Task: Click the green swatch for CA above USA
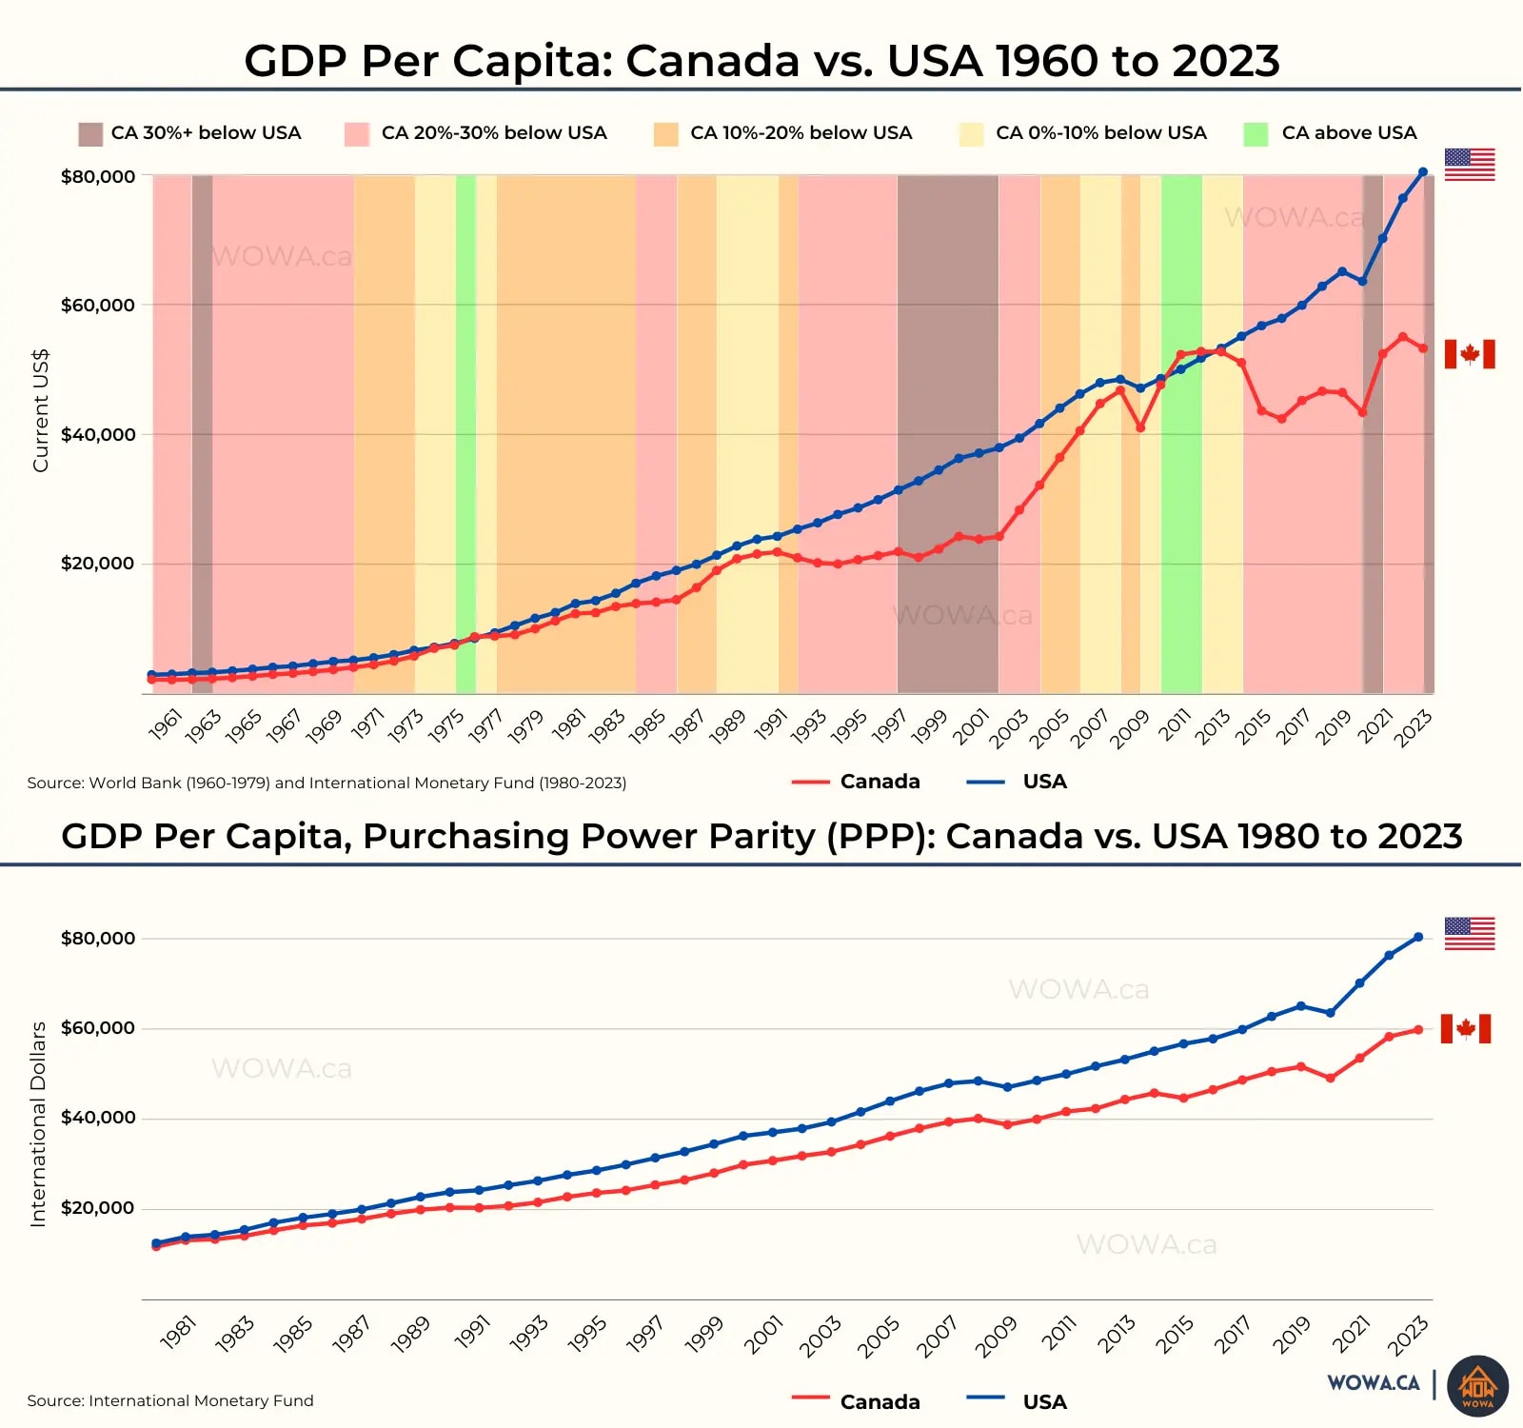coord(1256,134)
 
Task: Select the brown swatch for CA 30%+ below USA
coord(90,134)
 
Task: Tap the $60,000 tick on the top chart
coord(98,306)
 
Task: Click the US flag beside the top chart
coord(1470,165)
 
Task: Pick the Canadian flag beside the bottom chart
coord(1466,1028)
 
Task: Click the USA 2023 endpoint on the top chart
coord(1423,172)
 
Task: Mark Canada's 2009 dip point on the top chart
coord(1140,427)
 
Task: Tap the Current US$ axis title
coord(40,410)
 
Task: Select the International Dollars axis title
coord(38,1124)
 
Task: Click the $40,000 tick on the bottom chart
coord(98,1118)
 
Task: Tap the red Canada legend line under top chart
coord(811,783)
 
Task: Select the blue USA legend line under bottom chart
coord(985,1398)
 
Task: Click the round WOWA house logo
coord(1477,1386)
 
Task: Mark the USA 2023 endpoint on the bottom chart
coord(1418,938)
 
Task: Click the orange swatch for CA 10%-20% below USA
coord(666,134)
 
